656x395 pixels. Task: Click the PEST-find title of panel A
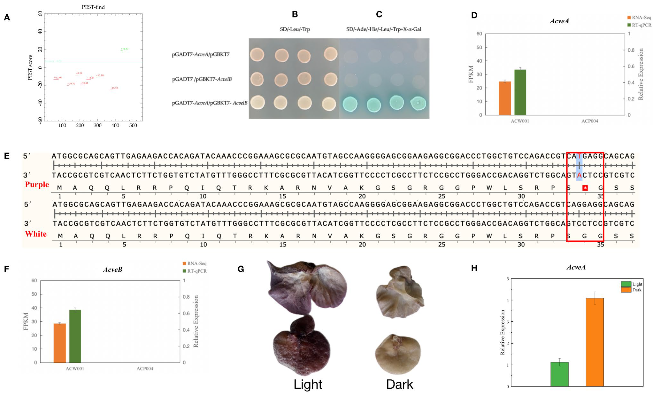click(x=93, y=7)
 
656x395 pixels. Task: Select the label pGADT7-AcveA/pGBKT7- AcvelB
click(x=210, y=103)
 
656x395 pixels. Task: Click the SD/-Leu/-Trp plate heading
click(x=295, y=29)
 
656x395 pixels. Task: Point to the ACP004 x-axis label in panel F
click(x=145, y=369)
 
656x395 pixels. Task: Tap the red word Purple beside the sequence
click(x=37, y=184)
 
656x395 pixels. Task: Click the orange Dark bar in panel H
click(x=595, y=342)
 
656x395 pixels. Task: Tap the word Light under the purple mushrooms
click(x=308, y=384)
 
